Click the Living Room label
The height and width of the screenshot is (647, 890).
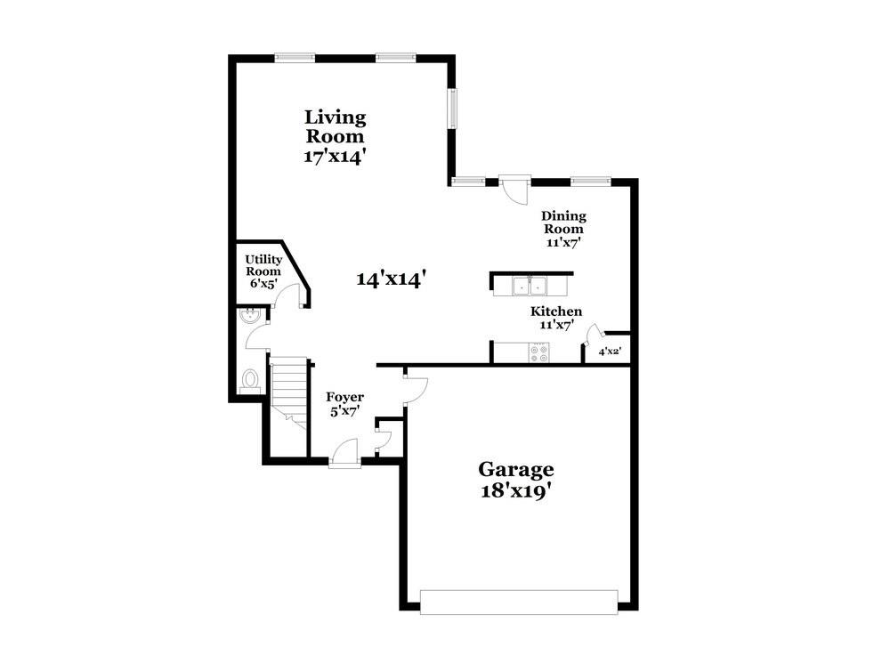335,126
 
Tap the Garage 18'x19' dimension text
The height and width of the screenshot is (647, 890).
516,490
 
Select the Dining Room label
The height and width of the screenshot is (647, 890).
563,222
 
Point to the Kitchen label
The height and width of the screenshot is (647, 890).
556,311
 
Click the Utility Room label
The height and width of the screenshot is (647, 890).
263,265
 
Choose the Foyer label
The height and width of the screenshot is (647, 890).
344,397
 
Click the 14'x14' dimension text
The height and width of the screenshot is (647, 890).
391,279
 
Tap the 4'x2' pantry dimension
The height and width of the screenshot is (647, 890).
611,352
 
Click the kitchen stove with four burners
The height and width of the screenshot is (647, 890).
539,353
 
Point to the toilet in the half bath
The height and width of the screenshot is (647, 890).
250,381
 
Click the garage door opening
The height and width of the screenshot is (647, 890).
519,603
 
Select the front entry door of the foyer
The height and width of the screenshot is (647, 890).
344,454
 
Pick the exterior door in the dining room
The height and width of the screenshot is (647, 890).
514,190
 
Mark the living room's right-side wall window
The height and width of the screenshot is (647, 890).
452,108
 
